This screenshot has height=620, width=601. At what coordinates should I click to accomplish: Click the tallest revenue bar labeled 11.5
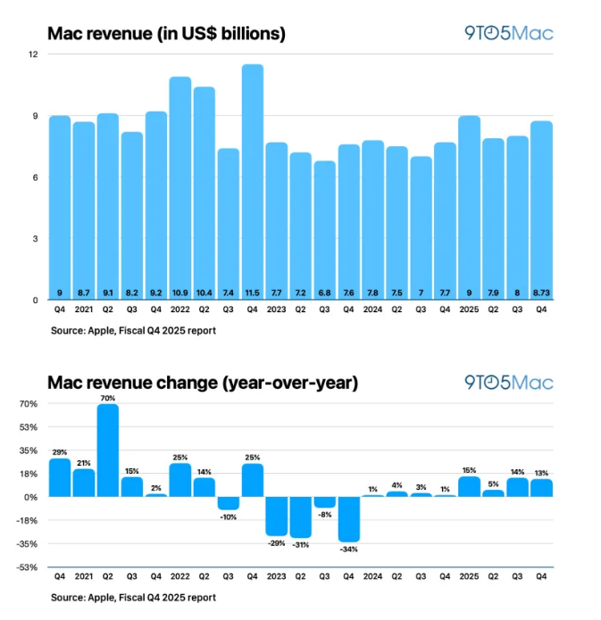click(252, 182)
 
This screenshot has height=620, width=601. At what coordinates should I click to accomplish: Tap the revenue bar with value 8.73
click(541, 211)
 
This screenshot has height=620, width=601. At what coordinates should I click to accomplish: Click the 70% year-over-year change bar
click(107, 450)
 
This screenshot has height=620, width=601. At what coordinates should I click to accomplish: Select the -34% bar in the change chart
click(348, 518)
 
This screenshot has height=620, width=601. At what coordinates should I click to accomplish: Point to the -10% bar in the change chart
click(228, 502)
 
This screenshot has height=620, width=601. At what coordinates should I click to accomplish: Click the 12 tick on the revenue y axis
click(33, 54)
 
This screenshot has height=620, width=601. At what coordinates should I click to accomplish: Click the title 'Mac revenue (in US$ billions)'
click(166, 35)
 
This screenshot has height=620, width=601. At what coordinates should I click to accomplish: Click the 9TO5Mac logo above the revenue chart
click(509, 34)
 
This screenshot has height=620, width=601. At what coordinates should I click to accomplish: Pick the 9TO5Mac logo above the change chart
click(509, 383)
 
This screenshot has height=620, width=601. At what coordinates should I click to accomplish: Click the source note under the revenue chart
click(133, 330)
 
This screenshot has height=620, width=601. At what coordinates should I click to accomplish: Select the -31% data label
click(300, 544)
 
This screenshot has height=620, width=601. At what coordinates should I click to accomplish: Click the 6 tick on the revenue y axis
click(34, 178)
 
